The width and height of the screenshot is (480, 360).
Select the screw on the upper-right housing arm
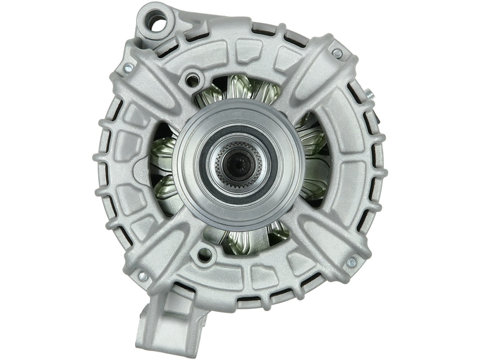[x=337, y=54]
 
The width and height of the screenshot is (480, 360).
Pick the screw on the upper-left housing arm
[x=128, y=68]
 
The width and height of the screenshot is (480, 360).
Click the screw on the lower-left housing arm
[x=143, y=276]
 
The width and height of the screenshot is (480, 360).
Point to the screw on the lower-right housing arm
[x=351, y=262]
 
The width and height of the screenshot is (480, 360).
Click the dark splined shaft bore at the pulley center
[x=239, y=165]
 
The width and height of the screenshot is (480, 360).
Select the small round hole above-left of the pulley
[x=193, y=80]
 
